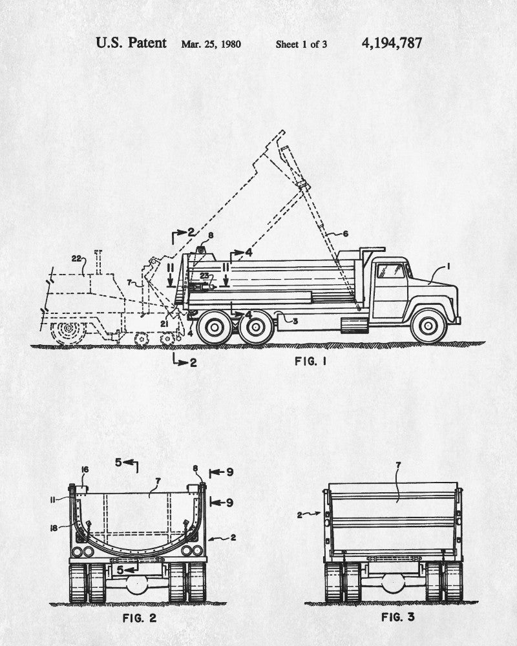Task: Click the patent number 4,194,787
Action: click(392, 43)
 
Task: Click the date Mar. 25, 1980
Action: click(211, 45)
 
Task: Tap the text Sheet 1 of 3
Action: click(301, 45)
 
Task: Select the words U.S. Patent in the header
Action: click(131, 43)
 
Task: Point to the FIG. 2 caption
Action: click(139, 618)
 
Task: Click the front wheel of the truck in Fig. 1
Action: click(428, 327)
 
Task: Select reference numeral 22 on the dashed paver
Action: click(77, 259)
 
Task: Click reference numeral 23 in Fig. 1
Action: click(204, 275)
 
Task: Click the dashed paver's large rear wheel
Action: click(69, 331)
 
